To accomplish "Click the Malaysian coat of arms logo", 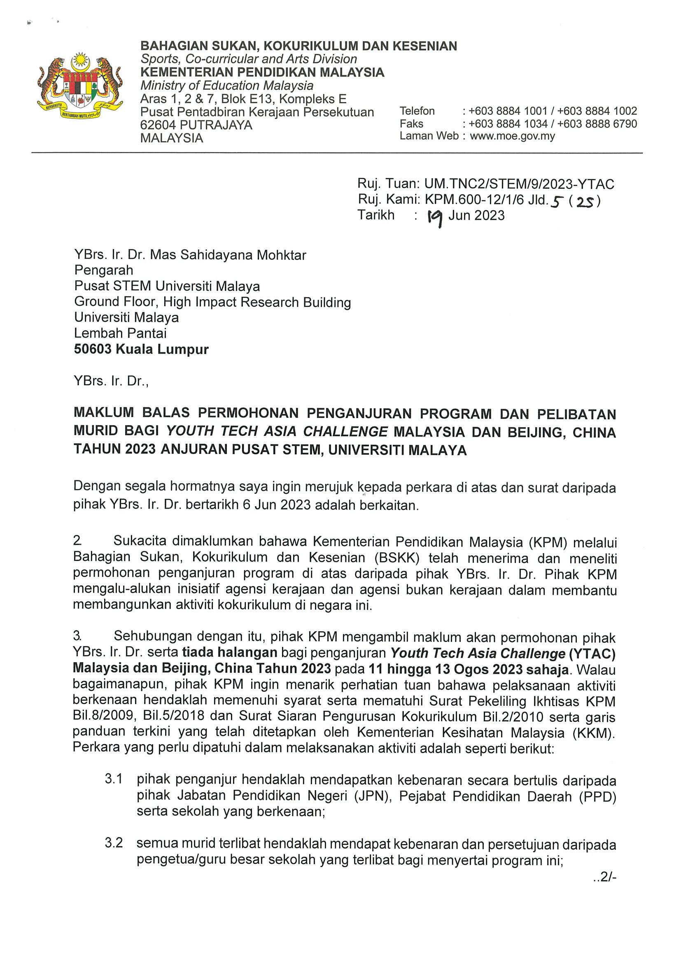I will coord(80,86).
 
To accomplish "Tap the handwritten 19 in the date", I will coord(435,217).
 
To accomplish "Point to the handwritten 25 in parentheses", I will coord(585,202).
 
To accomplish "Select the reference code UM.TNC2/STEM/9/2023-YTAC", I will coord(519,184).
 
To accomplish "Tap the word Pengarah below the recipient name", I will coord(104,270).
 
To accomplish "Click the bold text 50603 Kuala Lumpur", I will coord(141,349).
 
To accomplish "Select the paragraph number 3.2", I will coord(113,843).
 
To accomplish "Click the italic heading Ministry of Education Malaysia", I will coord(226,86).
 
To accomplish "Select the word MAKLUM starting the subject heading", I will coord(104,413).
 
